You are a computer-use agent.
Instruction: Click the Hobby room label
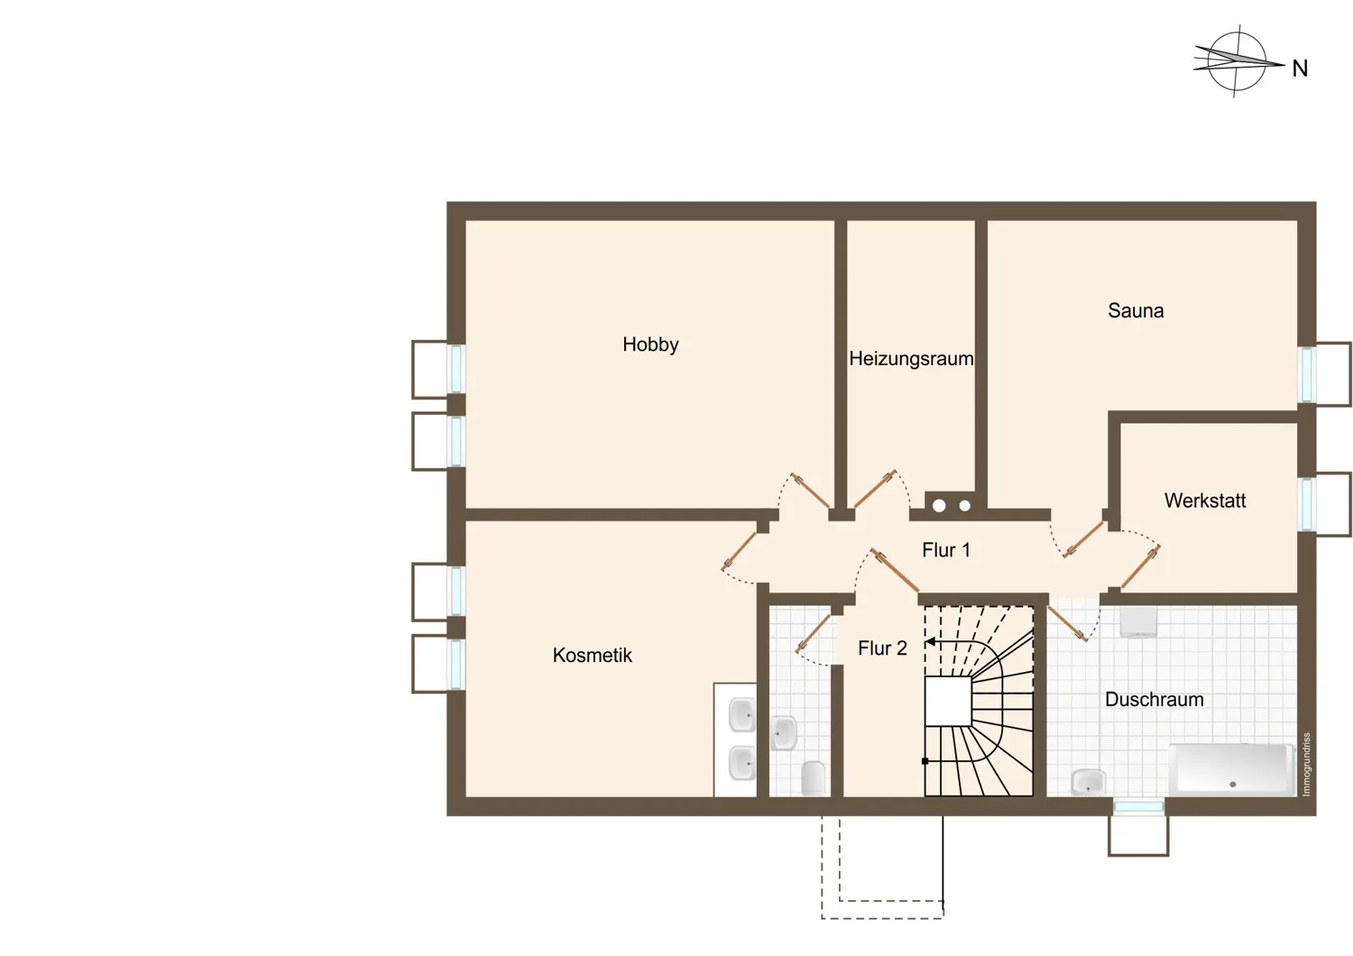click(x=650, y=345)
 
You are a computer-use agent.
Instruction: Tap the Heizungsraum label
click(x=911, y=359)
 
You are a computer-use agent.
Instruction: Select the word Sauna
click(x=1136, y=310)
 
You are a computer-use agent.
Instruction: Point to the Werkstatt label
click(x=1205, y=501)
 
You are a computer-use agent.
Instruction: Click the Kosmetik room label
click(x=592, y=656)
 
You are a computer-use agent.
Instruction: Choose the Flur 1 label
click(x=946, y=550)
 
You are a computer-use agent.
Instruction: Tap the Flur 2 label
click(x=882, y=648)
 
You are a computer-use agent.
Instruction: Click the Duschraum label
click(x=1155, y=699)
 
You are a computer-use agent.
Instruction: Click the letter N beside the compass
click(x=1300, y=69)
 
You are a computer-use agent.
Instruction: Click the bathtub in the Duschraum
click(x=1231, y=769)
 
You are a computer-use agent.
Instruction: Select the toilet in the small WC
click(x=813, y=777)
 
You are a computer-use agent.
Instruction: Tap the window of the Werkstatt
click(x=1306, y=504)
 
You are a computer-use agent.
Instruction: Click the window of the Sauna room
click(x=1306, y=374)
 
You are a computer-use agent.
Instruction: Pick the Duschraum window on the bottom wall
click(x=1138, y=807)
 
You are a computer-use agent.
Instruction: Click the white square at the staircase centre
click(x=948, y=701)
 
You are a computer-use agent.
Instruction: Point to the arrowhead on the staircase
click(x=931, y=641)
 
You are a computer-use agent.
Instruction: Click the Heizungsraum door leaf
click(x=873, y=490)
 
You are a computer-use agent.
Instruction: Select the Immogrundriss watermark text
click(x=1306, y=765)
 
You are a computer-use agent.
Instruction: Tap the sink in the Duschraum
click(x=1088, y=782)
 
